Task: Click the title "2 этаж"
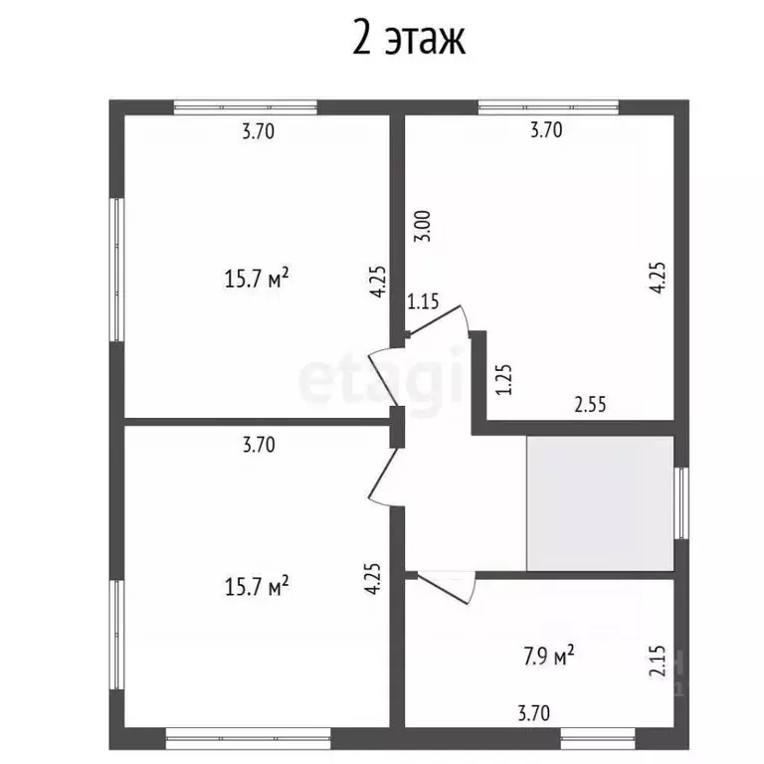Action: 408,40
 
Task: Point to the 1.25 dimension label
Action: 503,379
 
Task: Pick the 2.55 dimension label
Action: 590,405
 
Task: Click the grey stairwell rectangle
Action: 600,503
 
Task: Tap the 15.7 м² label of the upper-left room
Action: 256,279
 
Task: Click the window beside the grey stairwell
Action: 681,502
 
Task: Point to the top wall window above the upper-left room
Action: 245,106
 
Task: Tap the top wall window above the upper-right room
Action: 548,106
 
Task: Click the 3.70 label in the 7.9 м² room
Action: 534,712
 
